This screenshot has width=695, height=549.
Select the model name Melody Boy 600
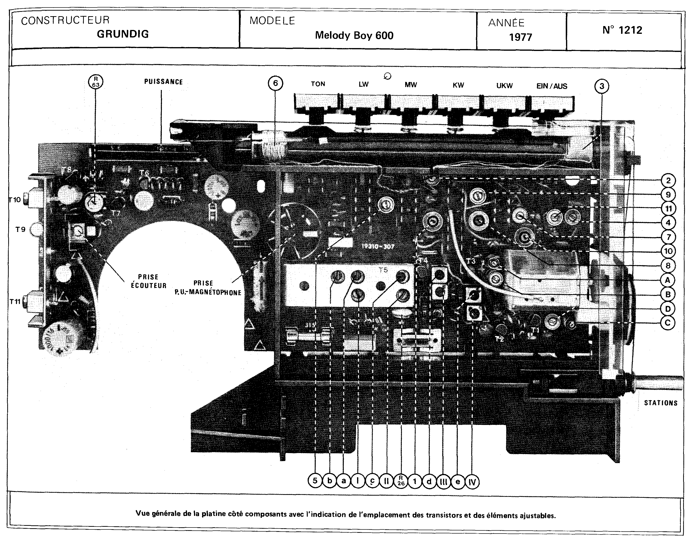tap(354, 35)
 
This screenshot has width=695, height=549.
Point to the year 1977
tap(520, 37)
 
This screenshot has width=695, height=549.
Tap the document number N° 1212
tap(622, 30)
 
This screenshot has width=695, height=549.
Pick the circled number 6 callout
tap(275, 83)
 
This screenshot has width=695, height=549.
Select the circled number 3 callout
tap(602, 86)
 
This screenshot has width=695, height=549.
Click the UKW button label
tap(504, 86)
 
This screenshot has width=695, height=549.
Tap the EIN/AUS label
tap(552, 86)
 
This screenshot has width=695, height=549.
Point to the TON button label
tap(318, 84)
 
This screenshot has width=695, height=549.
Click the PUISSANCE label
tap(163, 82)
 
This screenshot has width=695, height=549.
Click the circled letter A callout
tap(667, 280)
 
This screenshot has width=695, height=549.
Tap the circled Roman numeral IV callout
tap(472, 482)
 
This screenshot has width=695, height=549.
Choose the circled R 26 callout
tap(401, 481)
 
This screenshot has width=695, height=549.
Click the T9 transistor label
tap(20, 229)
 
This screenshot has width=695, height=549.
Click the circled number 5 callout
tap(315, 481)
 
